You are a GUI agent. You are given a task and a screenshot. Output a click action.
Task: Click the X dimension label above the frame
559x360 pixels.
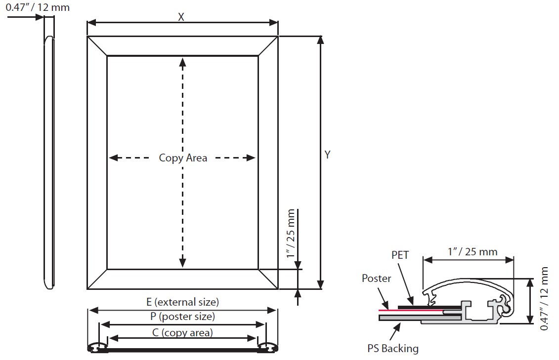tap(181, 17)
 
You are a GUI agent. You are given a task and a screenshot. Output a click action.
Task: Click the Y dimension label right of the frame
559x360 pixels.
tap(327, 155)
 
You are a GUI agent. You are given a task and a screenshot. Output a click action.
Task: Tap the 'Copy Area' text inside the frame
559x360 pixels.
tap(183, 158)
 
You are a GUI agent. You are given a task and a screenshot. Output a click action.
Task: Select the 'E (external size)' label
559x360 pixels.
tap(182, 302)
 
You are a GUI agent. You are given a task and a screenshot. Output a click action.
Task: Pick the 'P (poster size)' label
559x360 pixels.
tap(182, 316)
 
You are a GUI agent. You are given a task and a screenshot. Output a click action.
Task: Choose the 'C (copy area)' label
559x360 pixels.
tap(182, 332)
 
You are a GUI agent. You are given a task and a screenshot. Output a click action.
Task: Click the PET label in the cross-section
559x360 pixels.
tap(400, 255)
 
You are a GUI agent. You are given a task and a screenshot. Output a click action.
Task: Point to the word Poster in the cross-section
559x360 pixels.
tap(376, 278)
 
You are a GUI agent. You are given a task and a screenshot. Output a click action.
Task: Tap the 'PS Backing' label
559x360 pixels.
tap(393, 348)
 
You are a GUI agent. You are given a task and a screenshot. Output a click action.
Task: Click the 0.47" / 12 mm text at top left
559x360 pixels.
tap(38, 7)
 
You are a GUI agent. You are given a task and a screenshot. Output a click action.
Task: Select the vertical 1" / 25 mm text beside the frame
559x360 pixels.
tap(291, 234)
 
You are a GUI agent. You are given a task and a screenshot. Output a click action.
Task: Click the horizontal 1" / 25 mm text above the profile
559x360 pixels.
tap(473, 252)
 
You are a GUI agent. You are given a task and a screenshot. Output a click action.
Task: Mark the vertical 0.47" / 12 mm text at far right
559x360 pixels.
tap(544, 298)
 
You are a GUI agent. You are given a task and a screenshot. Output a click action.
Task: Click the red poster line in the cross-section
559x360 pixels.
tap(411, 311)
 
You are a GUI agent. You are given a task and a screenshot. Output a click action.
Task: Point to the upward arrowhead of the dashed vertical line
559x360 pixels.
tap(182, 62)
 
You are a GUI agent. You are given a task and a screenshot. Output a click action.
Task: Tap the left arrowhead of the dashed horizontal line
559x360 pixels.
tap(113, 158)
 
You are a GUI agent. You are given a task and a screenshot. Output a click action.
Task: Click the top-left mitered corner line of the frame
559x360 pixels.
tap(97, 46)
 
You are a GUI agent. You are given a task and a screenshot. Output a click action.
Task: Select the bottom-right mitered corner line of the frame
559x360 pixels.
tap(268, 279)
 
